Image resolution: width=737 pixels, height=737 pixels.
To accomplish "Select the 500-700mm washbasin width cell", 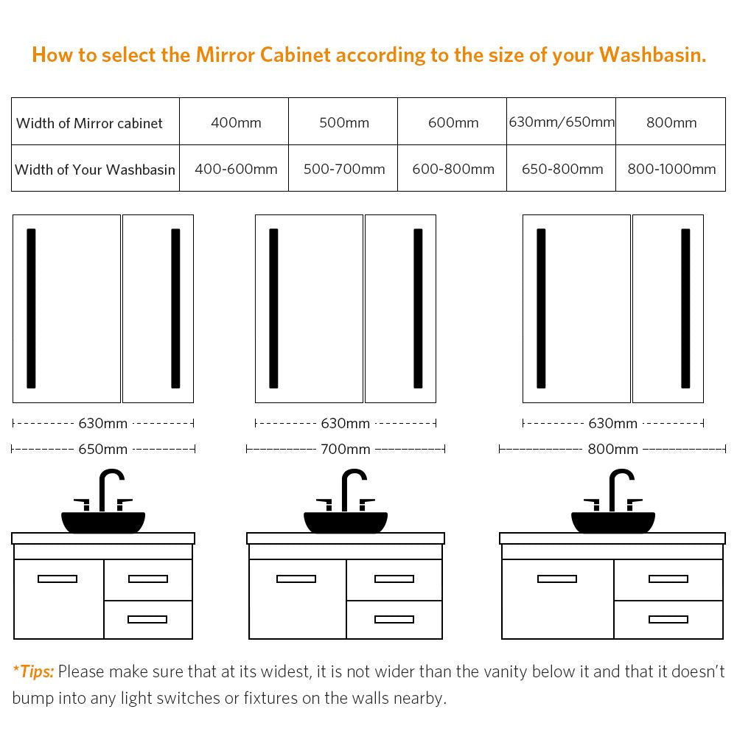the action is click(x=344, y=169).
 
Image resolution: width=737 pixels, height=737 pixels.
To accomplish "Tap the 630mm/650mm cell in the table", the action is click(x=562, y=122).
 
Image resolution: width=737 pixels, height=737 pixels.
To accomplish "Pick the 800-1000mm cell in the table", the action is click(x=671, y=169).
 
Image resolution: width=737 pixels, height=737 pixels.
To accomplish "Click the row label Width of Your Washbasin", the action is click(x=95, y=170).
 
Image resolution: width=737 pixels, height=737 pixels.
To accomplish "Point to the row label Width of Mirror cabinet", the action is click(x=89, y=123).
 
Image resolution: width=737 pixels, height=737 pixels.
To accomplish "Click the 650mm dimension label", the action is click(x=103, y=450).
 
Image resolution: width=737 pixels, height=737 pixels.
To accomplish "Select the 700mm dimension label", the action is click(x=346, y=450).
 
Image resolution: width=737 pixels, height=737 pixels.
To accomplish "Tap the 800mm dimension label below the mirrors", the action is click(x=613, y=450).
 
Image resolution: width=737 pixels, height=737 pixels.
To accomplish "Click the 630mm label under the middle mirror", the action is click(x=346, y=424).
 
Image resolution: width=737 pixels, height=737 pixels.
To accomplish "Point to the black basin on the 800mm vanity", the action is click(x=613, y=523).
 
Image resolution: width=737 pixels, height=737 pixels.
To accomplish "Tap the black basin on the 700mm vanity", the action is click(x=346, y=523).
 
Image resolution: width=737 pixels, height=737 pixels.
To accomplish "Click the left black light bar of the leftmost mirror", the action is click(x=31, y=308).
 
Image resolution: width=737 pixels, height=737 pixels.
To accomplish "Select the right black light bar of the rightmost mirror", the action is click(x=685, y=308).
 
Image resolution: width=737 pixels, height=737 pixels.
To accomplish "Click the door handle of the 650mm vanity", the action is click(x=57, y=579).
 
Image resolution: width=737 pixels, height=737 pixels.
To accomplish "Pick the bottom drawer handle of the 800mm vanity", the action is click(x=668, y=620).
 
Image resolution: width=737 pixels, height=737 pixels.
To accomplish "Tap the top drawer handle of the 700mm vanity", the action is click(x=394, y=579).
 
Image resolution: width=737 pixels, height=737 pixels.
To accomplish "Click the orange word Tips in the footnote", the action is click(x=35, y=671).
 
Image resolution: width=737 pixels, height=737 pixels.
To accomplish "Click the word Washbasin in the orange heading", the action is click(x=652, y=55).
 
